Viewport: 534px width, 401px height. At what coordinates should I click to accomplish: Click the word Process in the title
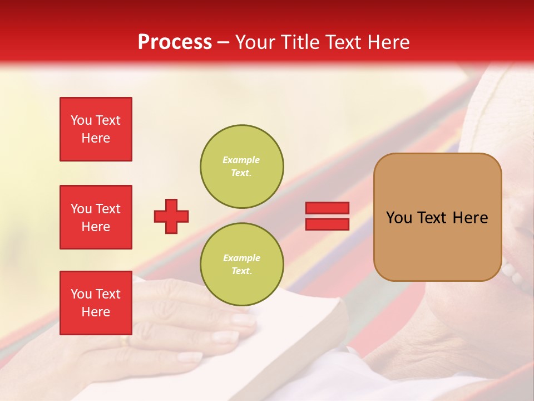pos(175,42)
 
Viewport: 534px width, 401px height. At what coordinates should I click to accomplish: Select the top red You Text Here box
pos(96,129)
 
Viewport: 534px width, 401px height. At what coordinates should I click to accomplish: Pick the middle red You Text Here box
pos(96,217)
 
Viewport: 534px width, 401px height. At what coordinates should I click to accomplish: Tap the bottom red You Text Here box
pos(96,303)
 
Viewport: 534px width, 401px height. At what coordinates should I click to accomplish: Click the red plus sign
pos(171,216)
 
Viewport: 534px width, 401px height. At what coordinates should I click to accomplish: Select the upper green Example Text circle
pos(242,167)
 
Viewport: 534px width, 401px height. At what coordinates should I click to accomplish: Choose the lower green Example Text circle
pos(242,265)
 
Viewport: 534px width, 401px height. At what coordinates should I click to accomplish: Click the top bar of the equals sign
pos(327,208)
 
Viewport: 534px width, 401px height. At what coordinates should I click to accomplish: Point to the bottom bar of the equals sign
pos(327,224)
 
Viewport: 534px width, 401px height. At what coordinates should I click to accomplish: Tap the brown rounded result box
pos(437,217)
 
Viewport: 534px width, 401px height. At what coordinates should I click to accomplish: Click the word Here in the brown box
pos(470,218)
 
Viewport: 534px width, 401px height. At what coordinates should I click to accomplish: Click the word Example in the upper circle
pos(241,160)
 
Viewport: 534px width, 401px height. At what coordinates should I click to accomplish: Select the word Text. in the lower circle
pos(241,271)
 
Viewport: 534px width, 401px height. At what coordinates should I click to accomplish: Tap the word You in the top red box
pos(81,120)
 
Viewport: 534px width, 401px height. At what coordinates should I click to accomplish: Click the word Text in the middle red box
pos(108,209)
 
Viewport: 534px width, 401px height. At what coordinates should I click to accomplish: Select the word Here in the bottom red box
pos(96,312)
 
